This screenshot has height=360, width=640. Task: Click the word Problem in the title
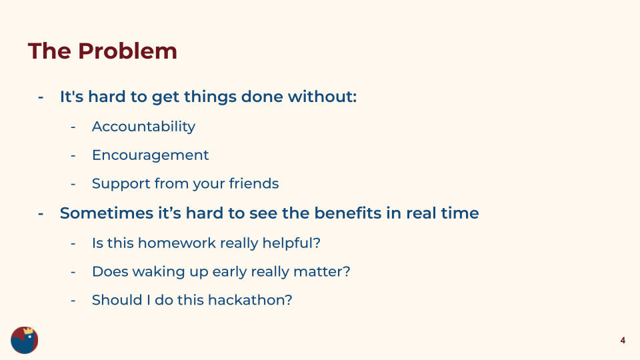click(x=127, y=51)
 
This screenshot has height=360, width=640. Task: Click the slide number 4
click(x=623, y=341)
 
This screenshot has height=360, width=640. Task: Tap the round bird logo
click(x=25, y=340)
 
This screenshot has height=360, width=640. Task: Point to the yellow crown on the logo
click(x=28, y=330)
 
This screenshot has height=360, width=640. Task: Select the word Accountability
click(x=144, y=127)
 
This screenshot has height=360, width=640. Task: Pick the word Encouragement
click(x=150, y=155)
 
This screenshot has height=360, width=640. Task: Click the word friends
click(x=254, y=183)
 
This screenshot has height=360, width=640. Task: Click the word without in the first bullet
click(x=322, y=97)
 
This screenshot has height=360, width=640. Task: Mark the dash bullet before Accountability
click(x=73, y=127)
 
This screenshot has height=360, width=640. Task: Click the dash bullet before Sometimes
click(x=41, y=214)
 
